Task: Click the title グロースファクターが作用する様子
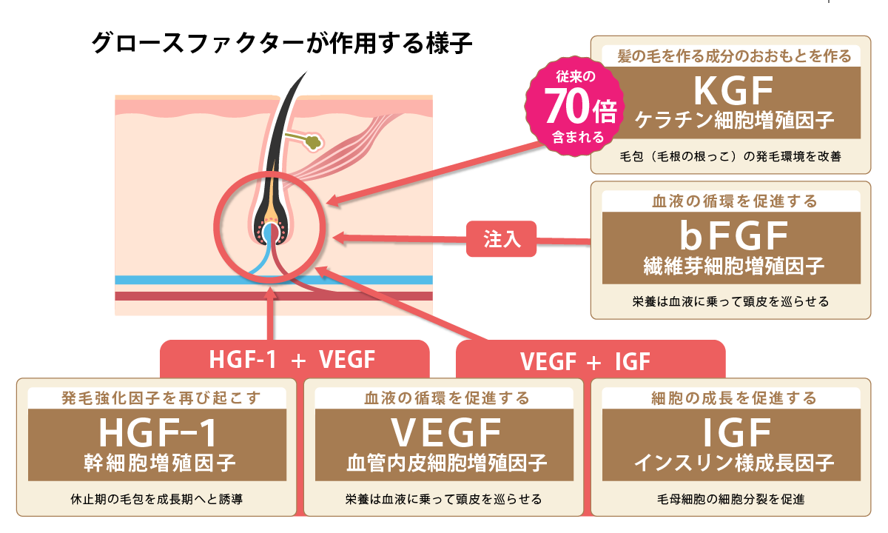pyautogui.click(x=281, y=43)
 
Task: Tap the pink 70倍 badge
pyautogui.click(x=574, y=107)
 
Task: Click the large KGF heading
pyautogui.click(x=733, y=91)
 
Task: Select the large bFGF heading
pyautogui.click(x=734, y=235)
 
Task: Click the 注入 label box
pyautogui.click(x=501, y=238)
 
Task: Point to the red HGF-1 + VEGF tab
pyautogui.click(x=295, y=359)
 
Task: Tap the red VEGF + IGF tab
pyautogui.click(x=591, y=360)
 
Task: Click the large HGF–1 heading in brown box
pyautogui.click(x=158, y=432)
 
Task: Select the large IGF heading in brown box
pyautogui.click(x=737, y=432)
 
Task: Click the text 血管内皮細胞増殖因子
pyautogui.click(x=447, y=463)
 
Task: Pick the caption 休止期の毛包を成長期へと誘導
pyautogui.click(x=157, y=499)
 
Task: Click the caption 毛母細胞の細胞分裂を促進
pyautogui.click(x=730, y=499)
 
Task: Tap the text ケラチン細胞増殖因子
pyautogui.click(x=734, y=120)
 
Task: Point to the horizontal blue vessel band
pyautogui.click(x=274, y=280)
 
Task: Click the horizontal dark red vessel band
pyautogui.click(x=274, y=296)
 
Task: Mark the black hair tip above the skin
pyautogui.click(x=307, y=72)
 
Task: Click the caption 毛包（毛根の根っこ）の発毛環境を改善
pyautogui.click(x=730, y=156)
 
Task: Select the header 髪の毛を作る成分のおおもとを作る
pyautogui.click(x=734, y=56)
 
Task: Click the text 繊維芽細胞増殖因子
pyautogui.click(x=734, y=265)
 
